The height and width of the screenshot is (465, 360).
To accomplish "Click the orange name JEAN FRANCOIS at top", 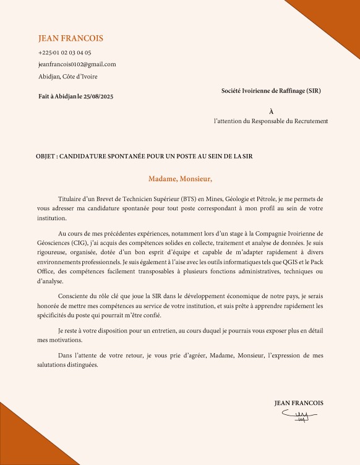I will (x=71, y=38).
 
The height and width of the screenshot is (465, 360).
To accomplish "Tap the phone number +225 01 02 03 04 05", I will (x=65, y=53).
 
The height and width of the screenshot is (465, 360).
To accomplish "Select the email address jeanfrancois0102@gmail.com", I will (x=77, y=64).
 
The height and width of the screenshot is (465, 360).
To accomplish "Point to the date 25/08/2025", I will (x=99, y=96).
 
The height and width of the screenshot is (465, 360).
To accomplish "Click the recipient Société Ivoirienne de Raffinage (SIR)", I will (x=271, y=91).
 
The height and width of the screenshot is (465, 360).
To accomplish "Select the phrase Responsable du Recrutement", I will (x=292, y=121).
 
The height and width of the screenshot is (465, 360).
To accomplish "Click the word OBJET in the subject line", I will (x=46, y=157).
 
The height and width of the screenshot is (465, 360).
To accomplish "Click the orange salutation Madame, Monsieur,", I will (x=180, y=179).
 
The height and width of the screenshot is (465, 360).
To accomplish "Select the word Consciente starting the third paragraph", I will (x=74, y=296).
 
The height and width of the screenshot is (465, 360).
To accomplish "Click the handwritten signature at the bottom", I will (x=298, y=416).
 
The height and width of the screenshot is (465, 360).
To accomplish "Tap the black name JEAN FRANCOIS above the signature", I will (x=299, y=403).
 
